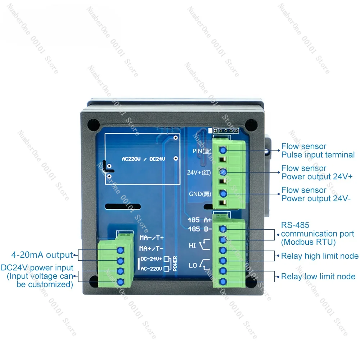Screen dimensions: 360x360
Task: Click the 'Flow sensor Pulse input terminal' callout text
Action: pos(318,150)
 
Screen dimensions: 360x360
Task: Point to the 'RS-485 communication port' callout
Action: pos(318,234)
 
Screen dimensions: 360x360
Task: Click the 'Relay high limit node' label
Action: pos(320,256)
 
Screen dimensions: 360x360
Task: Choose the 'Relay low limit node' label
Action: pos(318,276)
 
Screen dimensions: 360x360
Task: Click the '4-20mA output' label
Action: pos(42,255)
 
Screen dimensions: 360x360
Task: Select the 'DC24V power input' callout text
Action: pos(37,276)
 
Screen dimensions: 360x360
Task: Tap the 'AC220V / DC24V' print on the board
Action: pos(143,159)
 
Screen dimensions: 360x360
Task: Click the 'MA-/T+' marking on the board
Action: pos(152,238)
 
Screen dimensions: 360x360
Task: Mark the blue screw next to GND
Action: pos(223,194)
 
